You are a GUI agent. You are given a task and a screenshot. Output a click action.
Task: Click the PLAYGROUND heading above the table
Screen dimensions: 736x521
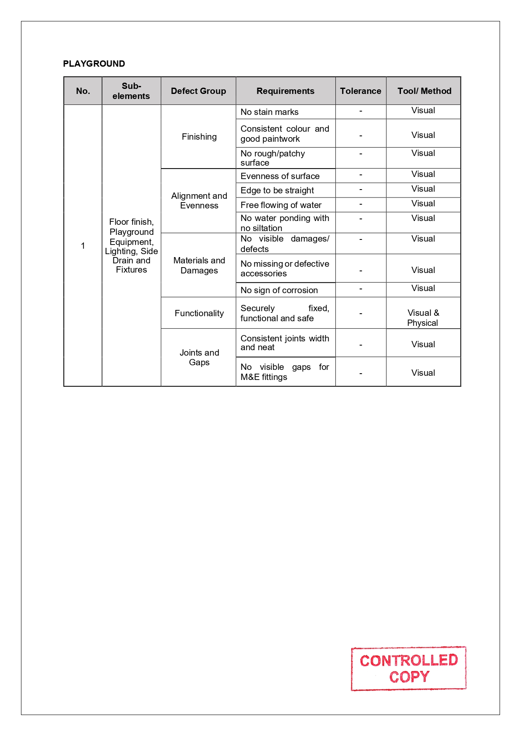pos(94,64)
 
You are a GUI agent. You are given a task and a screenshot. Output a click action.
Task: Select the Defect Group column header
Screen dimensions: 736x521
pos(198,91)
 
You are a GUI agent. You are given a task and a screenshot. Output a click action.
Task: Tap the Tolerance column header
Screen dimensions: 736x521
pos(361,91)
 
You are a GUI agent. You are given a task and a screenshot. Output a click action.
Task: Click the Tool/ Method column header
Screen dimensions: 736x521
pos(424,91)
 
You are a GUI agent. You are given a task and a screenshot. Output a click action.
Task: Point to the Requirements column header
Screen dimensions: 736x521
pos(285,91)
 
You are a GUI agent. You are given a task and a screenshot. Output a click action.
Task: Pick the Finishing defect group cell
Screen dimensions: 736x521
pos(199,137)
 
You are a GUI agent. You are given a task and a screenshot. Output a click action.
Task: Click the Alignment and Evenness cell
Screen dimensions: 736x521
pos(199,201)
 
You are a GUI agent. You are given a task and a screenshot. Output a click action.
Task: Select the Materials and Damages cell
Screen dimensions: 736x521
pos(199,265)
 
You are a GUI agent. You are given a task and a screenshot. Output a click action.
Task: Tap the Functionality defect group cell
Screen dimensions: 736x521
pos(199,313)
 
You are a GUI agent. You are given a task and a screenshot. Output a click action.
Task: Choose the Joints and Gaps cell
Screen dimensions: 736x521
pos(199,357)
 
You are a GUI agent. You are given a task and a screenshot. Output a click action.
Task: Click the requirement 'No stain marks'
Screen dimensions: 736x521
pos(270,112)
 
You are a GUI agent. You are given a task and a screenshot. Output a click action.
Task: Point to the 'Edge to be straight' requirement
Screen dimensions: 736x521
pos(277,190)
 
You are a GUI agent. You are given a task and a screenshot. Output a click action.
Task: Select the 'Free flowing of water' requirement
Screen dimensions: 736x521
pos(281,205)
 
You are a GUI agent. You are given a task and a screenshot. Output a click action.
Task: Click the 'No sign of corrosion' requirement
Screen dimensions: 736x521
pos(279,290)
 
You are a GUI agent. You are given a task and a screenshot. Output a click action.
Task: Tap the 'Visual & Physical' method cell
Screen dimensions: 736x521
pos(423,318)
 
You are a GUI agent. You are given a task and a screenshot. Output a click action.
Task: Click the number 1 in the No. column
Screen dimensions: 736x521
pos(83,246)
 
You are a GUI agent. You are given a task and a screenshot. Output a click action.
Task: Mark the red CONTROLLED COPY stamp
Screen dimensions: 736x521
pos(408,668)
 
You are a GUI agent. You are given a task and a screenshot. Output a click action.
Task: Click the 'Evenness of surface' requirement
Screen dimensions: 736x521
pos(280,176)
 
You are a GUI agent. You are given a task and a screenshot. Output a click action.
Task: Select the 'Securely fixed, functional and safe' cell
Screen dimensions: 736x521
pos(285,313)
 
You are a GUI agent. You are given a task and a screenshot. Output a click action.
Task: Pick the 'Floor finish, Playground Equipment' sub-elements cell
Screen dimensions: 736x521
pos(131,246)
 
